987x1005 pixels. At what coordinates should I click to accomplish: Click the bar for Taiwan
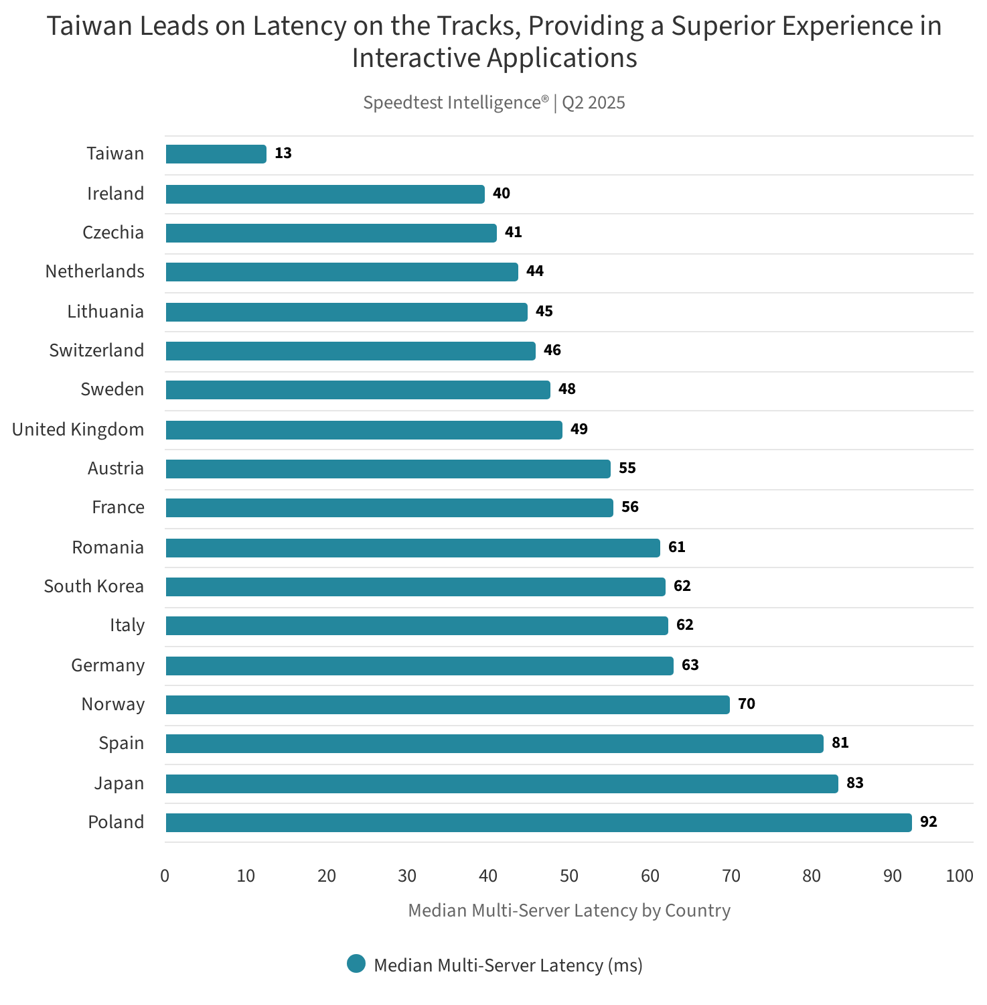coord(216,154)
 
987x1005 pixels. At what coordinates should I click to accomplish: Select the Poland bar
coord(538,823)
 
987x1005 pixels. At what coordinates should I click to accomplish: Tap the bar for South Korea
coord(415,587)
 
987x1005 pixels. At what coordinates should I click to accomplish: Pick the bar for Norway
coord(447,705)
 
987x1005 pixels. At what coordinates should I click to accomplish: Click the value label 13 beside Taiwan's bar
coord(283,153)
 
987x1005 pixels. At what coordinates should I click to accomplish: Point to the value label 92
coord(928,822)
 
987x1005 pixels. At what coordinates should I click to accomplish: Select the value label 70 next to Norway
coord(746,704)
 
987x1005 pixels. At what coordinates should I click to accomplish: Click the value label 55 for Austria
coord(627,468)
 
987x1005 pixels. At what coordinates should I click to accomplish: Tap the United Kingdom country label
coord(78,429)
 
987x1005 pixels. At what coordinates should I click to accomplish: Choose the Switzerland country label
coord(96,350)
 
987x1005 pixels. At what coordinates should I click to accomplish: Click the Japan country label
coord(119,783)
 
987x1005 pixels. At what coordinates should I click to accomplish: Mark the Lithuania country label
coord(105,312)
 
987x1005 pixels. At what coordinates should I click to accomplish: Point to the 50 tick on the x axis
coord(569,876)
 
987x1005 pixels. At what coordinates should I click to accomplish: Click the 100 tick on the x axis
coord(960,876)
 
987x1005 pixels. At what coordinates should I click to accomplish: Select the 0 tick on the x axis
coord(165,876)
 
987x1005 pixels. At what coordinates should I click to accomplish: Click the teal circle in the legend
coord(356,964)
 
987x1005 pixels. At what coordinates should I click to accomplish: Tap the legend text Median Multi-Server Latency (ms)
coord(508,965)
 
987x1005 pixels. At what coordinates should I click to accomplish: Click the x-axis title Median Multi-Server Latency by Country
coord(569,911)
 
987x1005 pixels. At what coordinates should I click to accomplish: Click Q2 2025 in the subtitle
coord(593,103)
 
